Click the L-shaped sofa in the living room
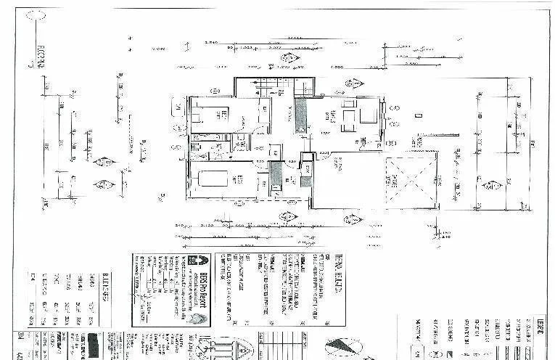(x=360, y=115)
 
